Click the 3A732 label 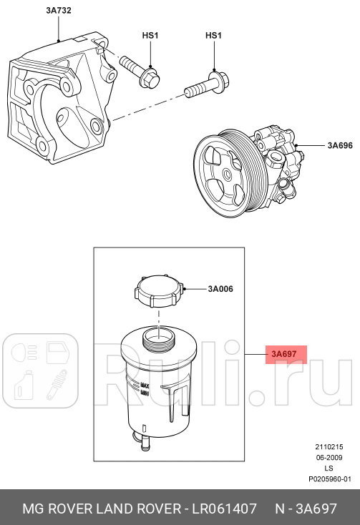58,11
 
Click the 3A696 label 340,146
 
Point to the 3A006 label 220,290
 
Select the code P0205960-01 329,480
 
